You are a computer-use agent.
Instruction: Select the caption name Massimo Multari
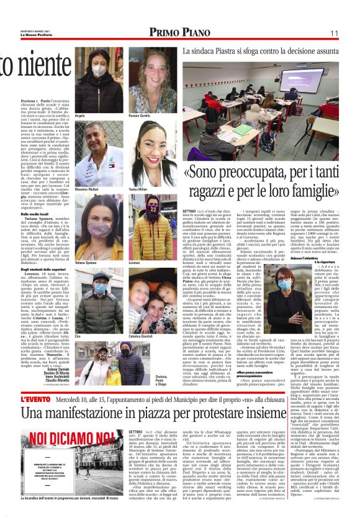88,189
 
